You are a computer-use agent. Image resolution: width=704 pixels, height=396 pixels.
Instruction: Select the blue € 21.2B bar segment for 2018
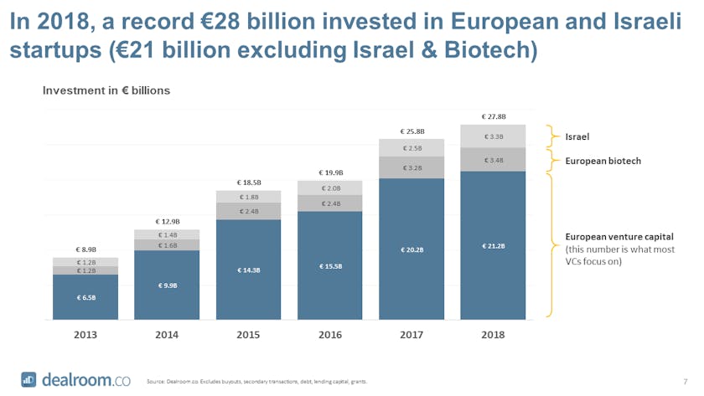tap(494, 245)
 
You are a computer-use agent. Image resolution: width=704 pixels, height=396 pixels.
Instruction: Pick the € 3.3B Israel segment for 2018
tap(494, 136)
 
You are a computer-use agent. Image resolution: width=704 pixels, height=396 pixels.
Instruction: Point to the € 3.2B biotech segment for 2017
tap(412, 167)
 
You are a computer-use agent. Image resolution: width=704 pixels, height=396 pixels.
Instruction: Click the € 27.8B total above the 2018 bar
tap(494, 116)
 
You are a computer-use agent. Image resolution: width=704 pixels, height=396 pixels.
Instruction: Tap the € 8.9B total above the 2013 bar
tap(85, 249)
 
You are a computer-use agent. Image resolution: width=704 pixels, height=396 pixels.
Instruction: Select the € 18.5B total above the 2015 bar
tap(249, 182)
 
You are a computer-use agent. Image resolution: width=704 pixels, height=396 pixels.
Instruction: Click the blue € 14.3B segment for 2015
tap(249, 270)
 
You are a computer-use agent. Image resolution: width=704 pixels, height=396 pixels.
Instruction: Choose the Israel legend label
tap(578, 135)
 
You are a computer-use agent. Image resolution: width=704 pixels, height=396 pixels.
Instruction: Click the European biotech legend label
tap(603, 160)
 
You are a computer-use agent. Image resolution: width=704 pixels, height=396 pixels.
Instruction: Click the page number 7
tap(685, 381)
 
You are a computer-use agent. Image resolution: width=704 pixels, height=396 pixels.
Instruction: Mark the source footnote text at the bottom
tap(256, 382)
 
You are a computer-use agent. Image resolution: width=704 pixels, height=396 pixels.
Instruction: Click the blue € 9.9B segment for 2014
tap(167, 285)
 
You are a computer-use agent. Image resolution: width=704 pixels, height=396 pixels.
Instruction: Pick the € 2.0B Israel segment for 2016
tap(330, 188)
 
